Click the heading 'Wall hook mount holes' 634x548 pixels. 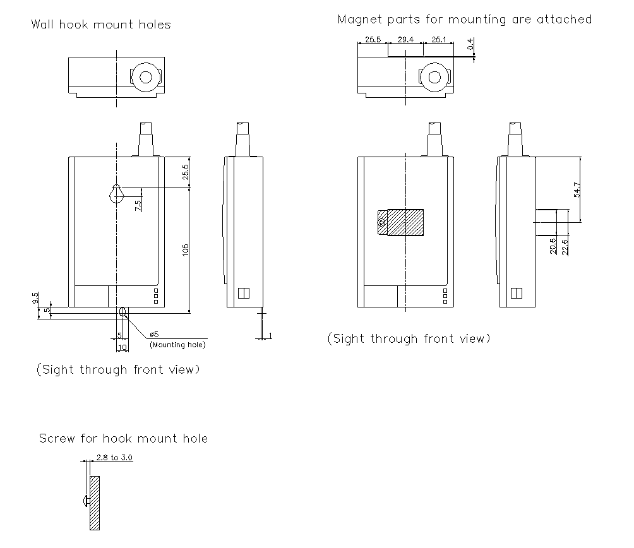[x=101, y=25]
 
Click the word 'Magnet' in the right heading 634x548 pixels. [x=359, y=19]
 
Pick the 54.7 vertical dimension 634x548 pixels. [x=577, y=189]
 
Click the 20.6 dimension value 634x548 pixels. [x=554, y=246]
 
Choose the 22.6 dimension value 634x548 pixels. [x=565, y=246]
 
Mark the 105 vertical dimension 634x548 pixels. [x=185, y=250]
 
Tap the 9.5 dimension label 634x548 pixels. [x=36, y=297]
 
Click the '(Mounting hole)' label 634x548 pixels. [x=177, y=345]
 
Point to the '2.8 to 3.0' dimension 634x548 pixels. [x=114, y=458]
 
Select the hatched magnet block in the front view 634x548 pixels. [x=404, y=222]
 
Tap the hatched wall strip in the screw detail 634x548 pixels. [x=95, y=503]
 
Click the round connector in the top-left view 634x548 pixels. [x=147, y=78]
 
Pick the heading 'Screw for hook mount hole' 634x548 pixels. [x=123, y=438]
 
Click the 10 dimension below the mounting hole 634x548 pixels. [x=122, y=347]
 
